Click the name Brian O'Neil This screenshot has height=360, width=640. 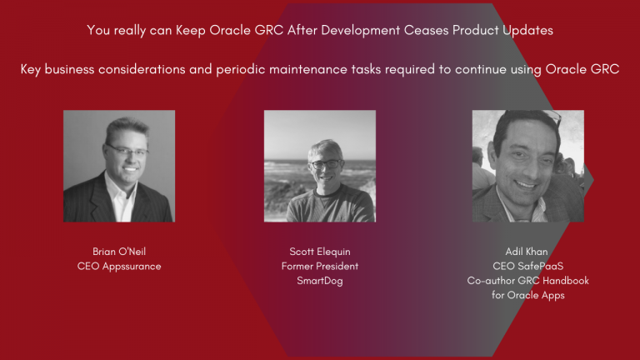point(118,251)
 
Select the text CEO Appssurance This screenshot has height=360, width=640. point(118,266)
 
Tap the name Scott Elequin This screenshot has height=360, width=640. point(320,251)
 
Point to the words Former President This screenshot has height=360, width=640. point(320,266)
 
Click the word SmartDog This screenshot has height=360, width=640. point(320,281)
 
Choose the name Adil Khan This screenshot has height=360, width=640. point(527,251)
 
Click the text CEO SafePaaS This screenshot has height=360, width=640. point(527,266)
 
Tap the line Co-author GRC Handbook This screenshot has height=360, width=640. point(527,281)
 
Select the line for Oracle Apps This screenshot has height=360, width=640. point(527,296)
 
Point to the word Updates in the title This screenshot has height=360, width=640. point(526,31)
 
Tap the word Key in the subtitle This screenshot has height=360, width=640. point(32,69)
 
